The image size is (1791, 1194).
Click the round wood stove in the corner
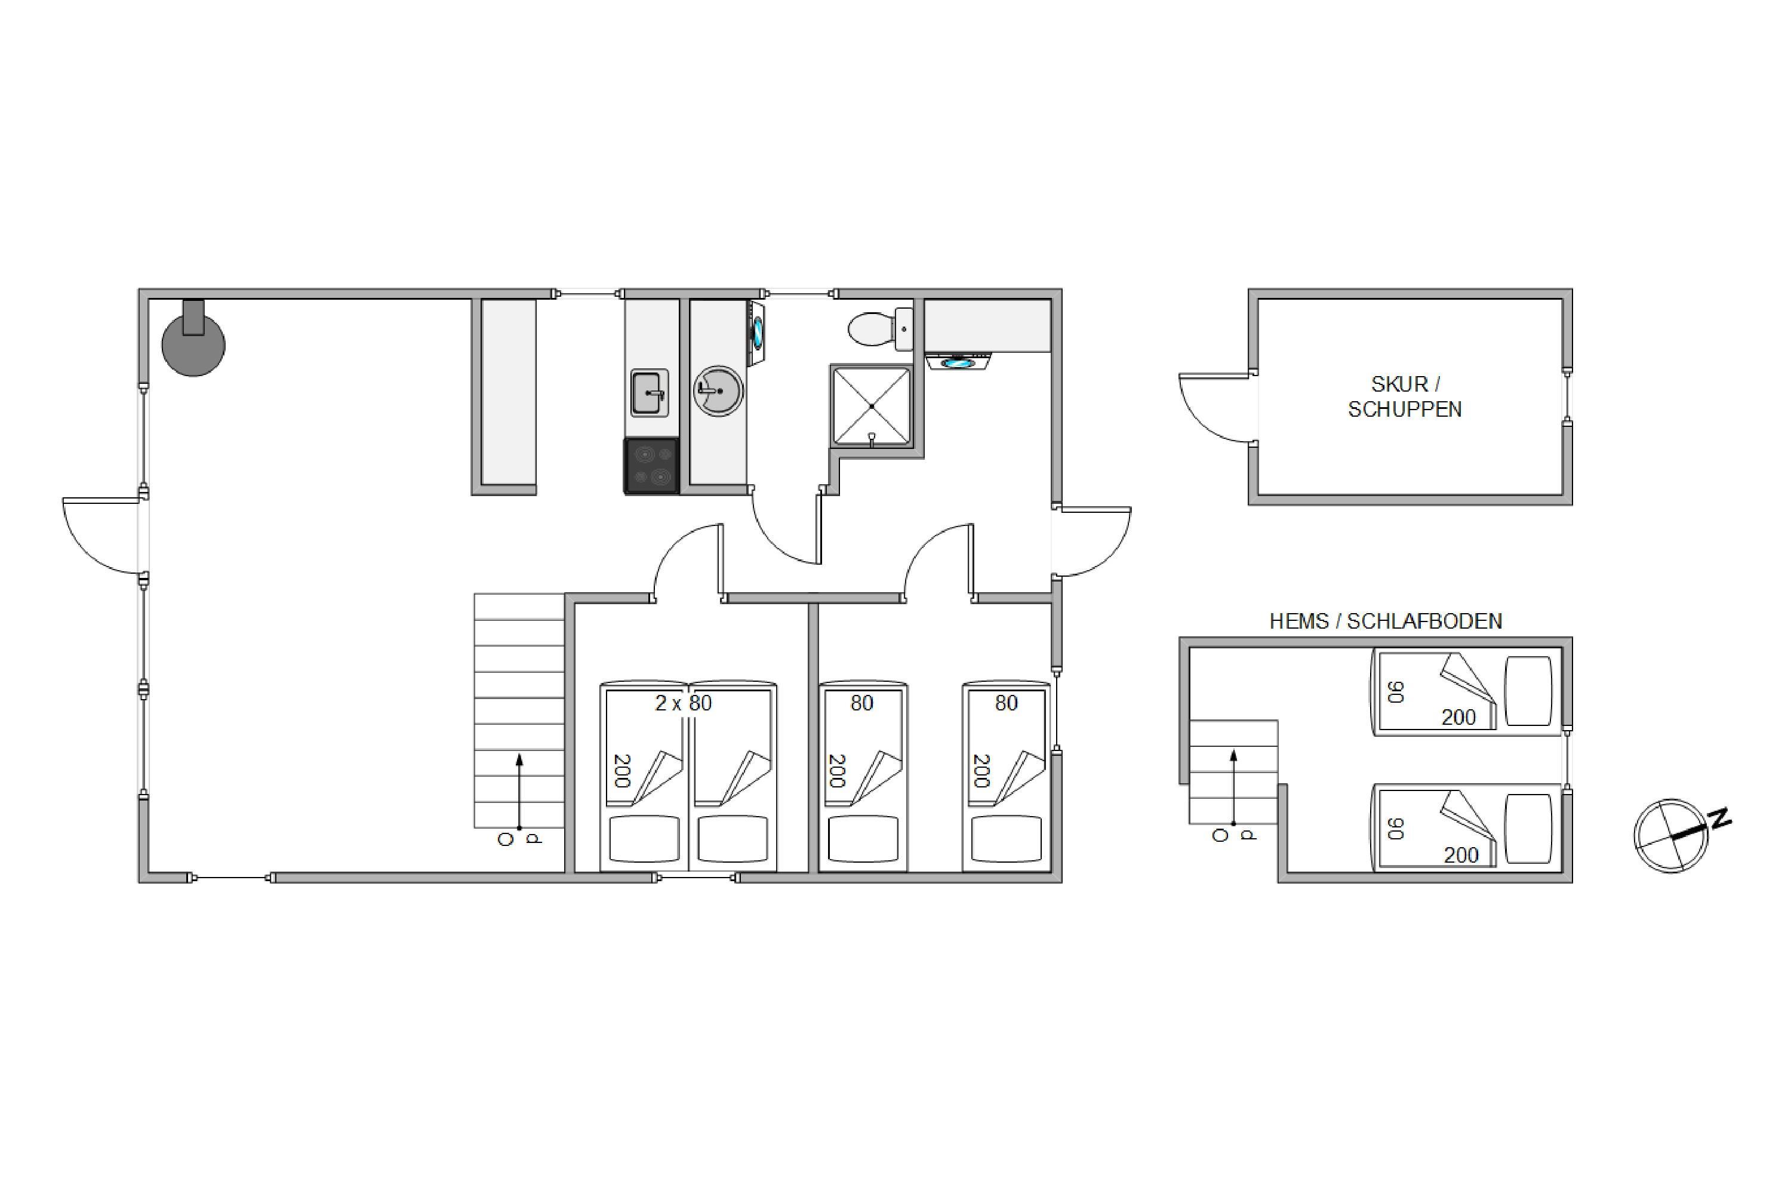[x=193, y=344]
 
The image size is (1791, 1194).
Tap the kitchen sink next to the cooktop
[x=650, y=393]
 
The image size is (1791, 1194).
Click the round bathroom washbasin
[x=718, y=390]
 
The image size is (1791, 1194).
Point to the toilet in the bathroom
[x=880, y=329]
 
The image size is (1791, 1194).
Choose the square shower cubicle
[x=872, y=406]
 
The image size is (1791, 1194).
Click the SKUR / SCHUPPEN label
[x=1405, y=397]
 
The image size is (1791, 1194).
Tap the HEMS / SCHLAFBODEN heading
[x=1385, y=621]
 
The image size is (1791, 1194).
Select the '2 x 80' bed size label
[x=683, y=703]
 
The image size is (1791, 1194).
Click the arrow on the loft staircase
[x=1233, y=787]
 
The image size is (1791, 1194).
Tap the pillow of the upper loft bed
[x=1529, y=691]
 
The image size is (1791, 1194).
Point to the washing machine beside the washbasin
[x=758, y=334]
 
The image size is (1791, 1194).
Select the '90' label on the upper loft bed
[x=1396, y=692]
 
